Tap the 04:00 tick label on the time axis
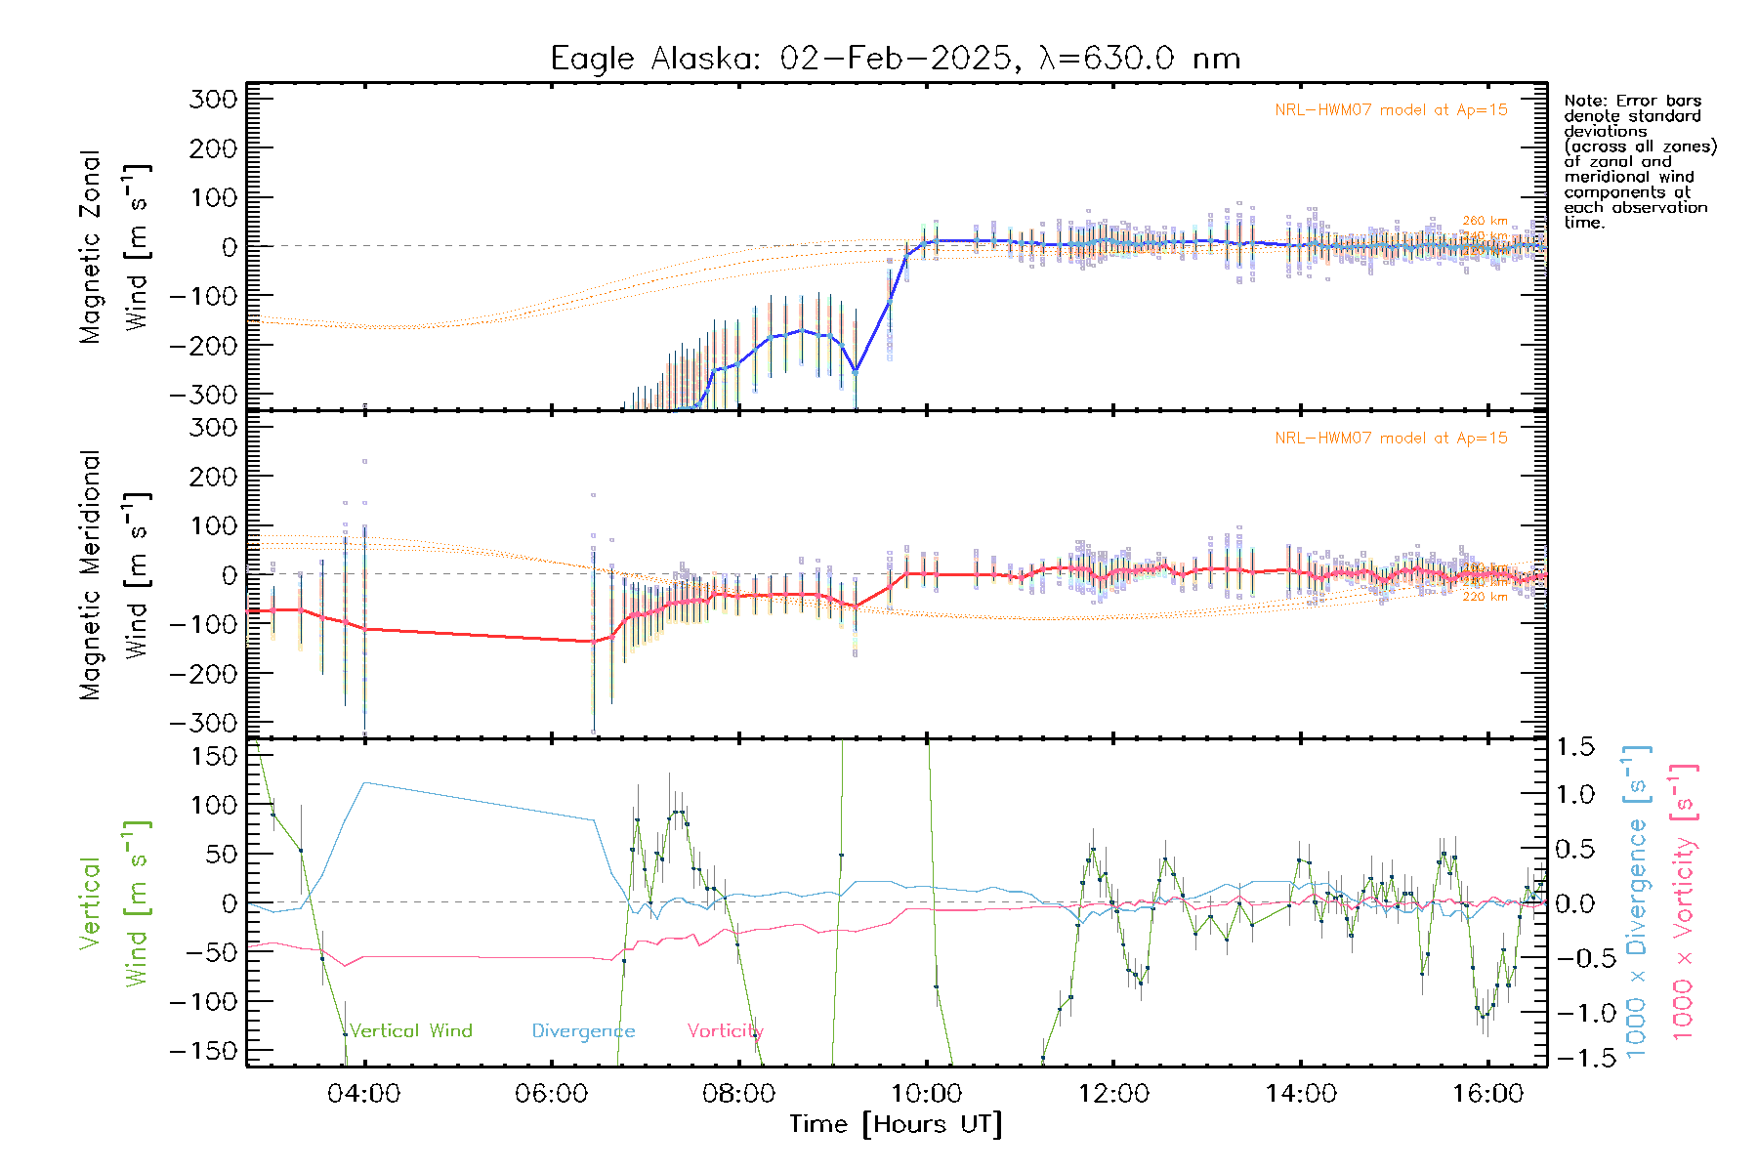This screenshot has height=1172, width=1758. (x=364, y=1094)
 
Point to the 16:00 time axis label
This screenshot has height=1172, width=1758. (x=1487, y=1094)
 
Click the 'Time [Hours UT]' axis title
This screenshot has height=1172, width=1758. (x=896, y=1124)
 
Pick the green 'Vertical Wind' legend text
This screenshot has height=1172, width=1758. (x=410, y=1030)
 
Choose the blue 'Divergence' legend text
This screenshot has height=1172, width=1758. (x=583, y=1030)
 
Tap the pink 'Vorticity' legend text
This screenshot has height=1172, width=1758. (x=725, y=1030)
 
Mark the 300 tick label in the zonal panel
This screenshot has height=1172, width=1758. (x=213, y=99)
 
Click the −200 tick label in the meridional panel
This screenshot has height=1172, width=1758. (x=203, y=673)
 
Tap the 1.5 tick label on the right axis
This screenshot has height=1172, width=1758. (x=1575, y=747)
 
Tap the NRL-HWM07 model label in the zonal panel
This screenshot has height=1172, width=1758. (x=1391, y=109)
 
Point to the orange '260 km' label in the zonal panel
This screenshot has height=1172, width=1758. (x=1485, y=221)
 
